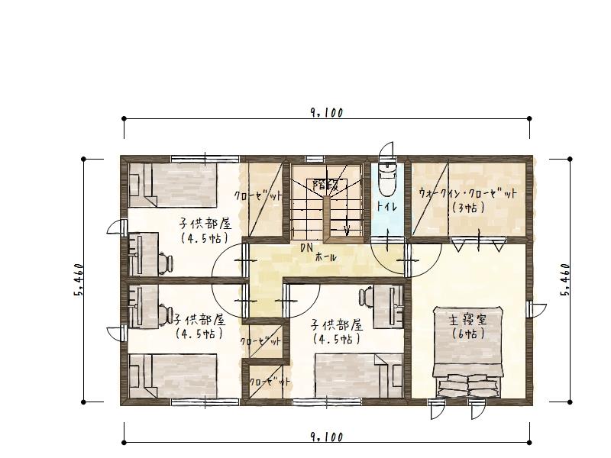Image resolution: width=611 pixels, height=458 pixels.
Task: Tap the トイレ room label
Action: [x=386, y=206]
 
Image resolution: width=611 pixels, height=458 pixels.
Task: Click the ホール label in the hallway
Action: [x=325, y=257]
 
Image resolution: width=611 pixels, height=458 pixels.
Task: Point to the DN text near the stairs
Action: [x=307, y=247]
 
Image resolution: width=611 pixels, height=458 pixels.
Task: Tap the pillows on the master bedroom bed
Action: [x=468, y=385]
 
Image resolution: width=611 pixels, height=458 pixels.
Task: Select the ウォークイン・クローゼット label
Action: [x=467, y=194]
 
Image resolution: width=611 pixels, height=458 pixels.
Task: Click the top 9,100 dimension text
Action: [x=327, y=113]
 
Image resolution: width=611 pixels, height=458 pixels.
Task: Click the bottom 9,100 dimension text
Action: [x=327, y=437]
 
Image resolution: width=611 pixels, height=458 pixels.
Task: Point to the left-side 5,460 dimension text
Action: [x=78, y=279]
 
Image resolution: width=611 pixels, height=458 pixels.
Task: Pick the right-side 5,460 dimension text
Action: [x=565, y=279]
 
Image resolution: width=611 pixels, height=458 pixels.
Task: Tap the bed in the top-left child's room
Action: [x=173, y=185]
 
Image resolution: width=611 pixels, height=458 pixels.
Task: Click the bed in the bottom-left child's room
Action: [x=173, y=376]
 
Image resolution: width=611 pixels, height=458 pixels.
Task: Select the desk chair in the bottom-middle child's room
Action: [x=366, y=297]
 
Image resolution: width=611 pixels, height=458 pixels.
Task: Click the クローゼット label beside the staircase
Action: [x=258, y=195]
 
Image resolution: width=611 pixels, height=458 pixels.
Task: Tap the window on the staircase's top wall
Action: [x=314, y=159]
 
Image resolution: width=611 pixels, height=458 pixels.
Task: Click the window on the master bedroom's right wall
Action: [x=529, y=310]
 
